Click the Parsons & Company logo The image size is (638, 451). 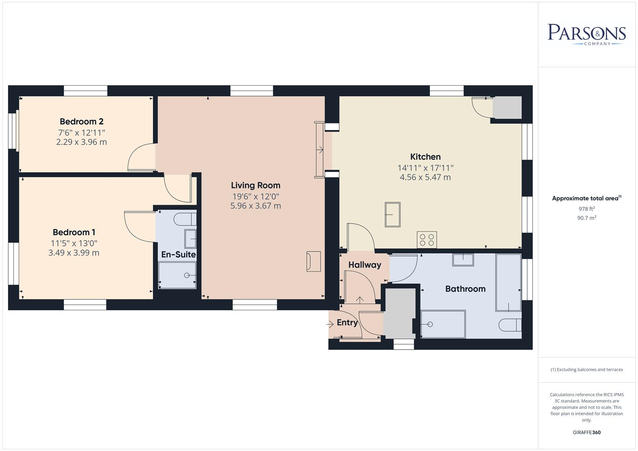coord(586,34)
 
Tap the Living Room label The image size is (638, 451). coord(255,185)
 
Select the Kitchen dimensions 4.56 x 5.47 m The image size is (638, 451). coord(425,177)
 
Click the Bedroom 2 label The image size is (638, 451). coord(81,122)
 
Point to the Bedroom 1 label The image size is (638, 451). coord(74,232)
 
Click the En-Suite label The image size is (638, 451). coord(178,254)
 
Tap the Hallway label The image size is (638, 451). coord(364,265)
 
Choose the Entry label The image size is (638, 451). coord(347,323)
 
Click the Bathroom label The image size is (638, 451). coord(465,289)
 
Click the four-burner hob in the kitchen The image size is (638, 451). coord(427,240)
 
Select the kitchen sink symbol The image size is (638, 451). coord(392,215)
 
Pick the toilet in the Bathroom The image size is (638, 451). coord(510,325)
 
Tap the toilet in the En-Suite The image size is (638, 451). coord(185,218)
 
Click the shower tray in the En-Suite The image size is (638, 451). coord(177,275)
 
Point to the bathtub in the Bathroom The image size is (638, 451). coord(508,282)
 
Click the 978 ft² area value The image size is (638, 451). coord(586,209)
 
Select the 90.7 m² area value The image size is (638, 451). coord(586,218)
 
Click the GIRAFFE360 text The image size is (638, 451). coord(586,432)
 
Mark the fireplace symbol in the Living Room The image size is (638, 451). coord(313,261)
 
